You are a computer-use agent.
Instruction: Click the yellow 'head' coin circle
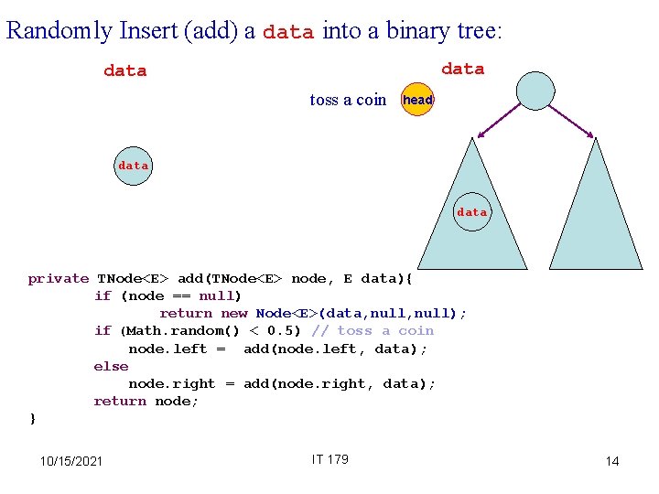coord(418,100)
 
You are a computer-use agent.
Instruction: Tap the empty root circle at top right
coord(535,90)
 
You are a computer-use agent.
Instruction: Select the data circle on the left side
coord(133,166)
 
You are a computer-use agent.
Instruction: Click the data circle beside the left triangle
coord(472,211)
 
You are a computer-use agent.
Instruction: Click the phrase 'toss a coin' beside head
coord(348,100)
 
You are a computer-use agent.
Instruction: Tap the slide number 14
coord(612,461)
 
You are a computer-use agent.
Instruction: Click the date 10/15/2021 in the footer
coord(71,460)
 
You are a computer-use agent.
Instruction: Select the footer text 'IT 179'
coord(329,459)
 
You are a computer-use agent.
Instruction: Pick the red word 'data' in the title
coord(287,32)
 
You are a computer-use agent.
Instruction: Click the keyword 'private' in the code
coord(59,278)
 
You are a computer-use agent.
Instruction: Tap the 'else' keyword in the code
coord(111,366)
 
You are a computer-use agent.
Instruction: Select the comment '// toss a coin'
coord(373,330)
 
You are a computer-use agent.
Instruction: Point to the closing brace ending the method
coord(33,418)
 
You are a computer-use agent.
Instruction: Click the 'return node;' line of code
coord(146,401)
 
